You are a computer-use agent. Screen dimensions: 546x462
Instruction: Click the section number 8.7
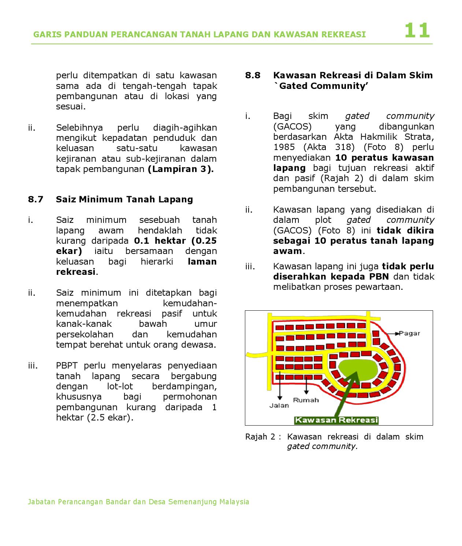point(36,199)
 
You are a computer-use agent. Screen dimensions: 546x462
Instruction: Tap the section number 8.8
point(253,75)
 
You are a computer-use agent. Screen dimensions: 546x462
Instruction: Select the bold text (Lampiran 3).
point(180,169)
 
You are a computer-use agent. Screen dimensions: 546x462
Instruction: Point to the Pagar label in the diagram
point(409,333)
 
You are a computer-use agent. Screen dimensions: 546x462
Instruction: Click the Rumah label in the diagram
point(306,400)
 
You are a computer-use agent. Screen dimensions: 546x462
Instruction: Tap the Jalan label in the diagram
point(279,405)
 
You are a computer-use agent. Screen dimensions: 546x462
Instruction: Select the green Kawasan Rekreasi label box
point(336,420)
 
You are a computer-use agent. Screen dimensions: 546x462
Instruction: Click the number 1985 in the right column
point(284,147)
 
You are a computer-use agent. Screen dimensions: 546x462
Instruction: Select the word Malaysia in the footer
point(234,502)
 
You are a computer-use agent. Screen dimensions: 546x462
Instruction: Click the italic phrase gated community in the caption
point(321,446)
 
